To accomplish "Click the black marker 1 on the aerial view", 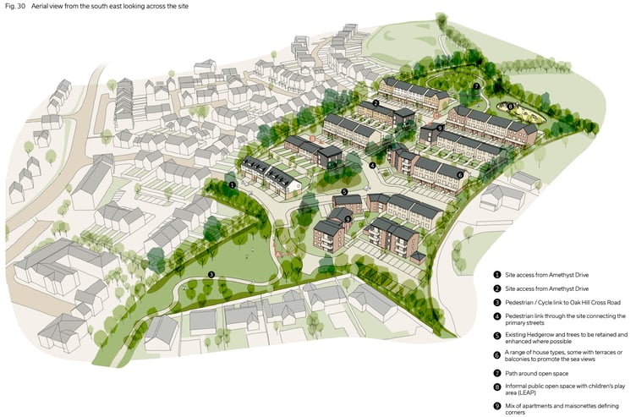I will click(233, 184).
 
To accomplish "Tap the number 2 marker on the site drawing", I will click(373, 104).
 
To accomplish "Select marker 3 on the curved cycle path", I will click(211, 273).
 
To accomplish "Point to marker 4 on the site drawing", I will click(372, 165).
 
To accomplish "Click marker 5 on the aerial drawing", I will click(343, 192).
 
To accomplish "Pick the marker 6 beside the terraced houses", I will click(460, 175).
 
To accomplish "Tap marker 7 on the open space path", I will click(477, 86).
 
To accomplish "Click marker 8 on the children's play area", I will click(510, 107).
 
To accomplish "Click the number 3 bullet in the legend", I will click(497, 302).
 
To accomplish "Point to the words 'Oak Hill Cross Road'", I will click(583, 302).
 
